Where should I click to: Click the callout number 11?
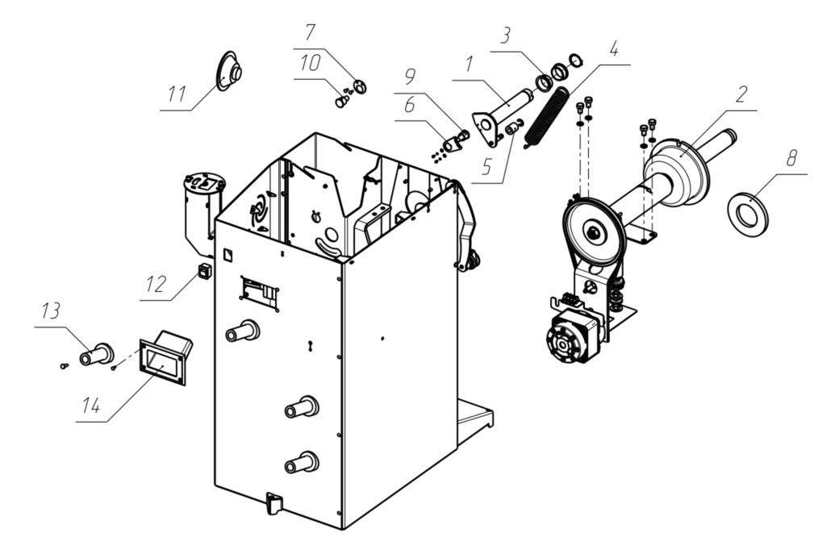tap(177, 94)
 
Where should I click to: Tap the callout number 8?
tap(791, 158)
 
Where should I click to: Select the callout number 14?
tap(91, 406)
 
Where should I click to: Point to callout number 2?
tap(741, 94)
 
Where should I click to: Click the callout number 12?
tap(157, 283)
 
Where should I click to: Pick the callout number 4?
tap(614, 48)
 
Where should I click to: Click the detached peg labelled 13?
tap(96, 355)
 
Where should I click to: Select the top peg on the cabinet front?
tap(243, 331)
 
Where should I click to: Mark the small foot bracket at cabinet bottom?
tap(273, 503)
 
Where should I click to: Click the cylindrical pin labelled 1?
tap(502, 117)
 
